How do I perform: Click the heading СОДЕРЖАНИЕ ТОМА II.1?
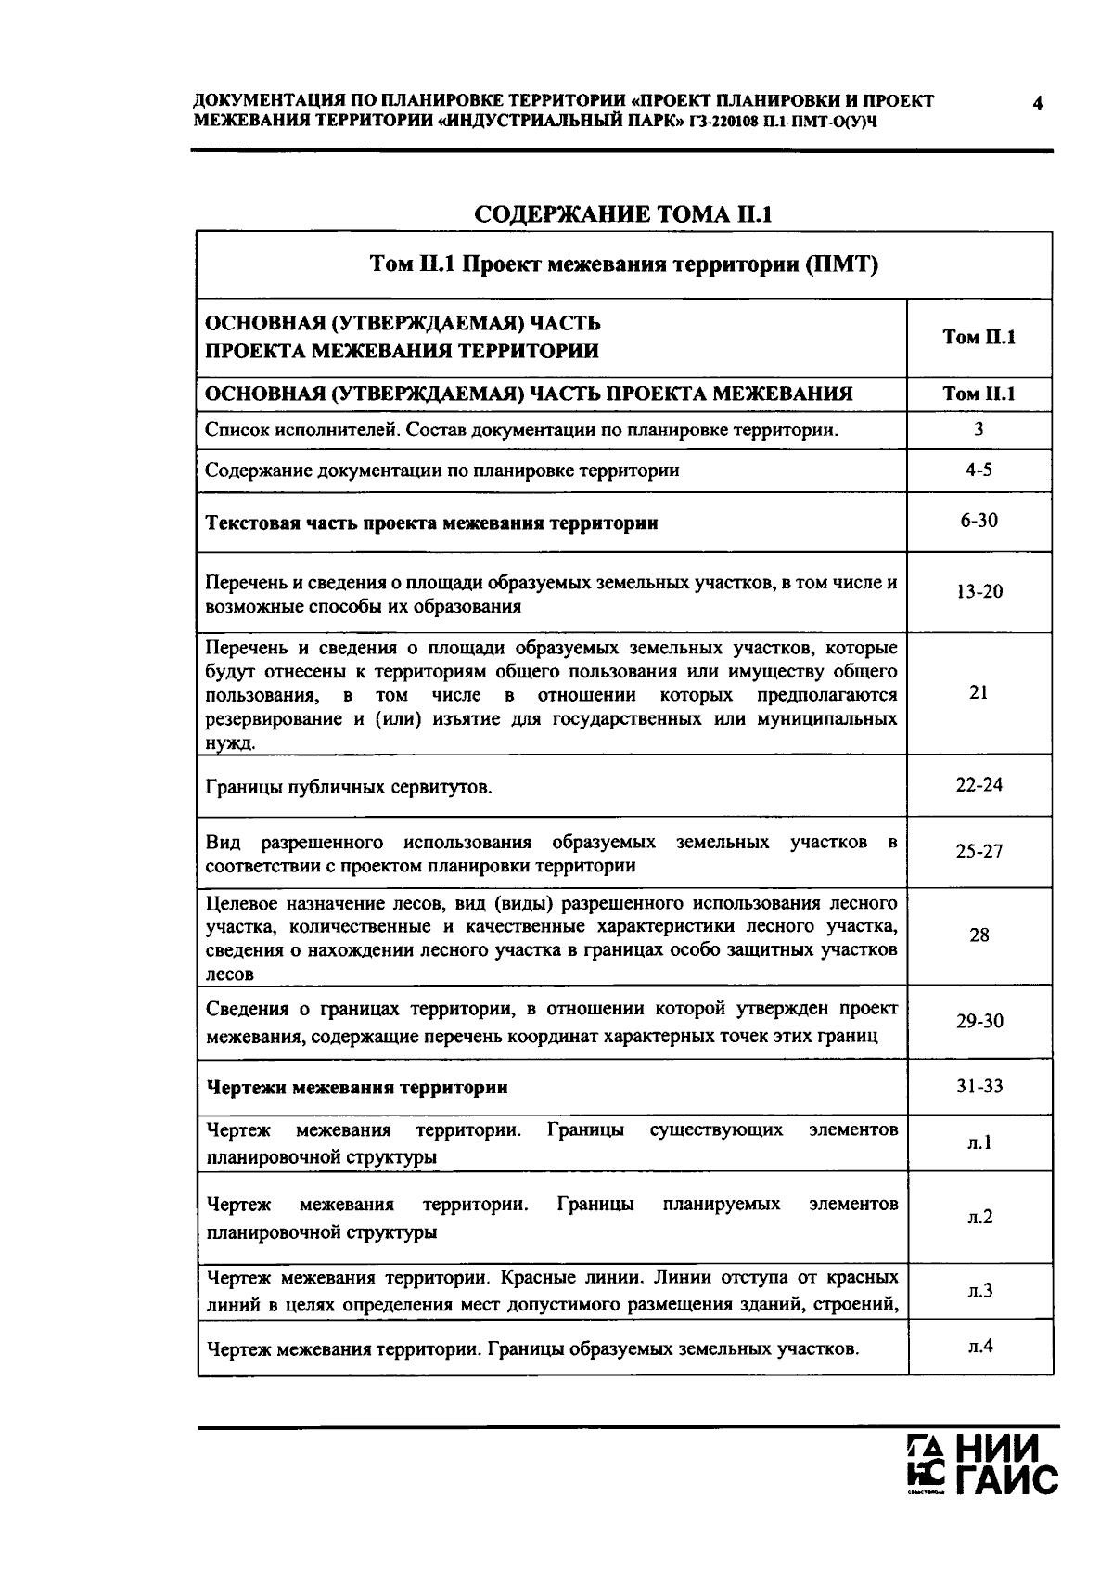pyautogui.click(x=623, y=214)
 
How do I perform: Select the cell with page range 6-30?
pyautogui.click(x=979, y=521)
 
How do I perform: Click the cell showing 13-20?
pyautogui.click(x=979, y=591)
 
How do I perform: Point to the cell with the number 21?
pyautogui.click(x=979, y=692)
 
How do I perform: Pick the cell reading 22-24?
pyautogui.click(x=979, y=784)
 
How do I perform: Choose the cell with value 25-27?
pyautogui.click(x=979, y=851)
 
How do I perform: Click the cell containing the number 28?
pyautogui.click(x=979, y=935)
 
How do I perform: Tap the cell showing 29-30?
pyautogui.click(x=979, y=1021)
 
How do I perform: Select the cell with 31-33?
pyautogui.click(x=979, y=1086)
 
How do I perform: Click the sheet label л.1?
pyautogui.click(x=979, y=1142)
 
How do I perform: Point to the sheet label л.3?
pyautogui.click(x=979, y=1290)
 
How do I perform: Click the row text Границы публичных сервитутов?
pyautogui.click(x=349, y=788)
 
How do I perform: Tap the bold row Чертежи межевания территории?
pyautogui.click(x=357, y=1087)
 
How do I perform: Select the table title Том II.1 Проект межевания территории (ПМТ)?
pyautogui.click(x=623, y=265)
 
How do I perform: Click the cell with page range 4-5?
pyautogui.click(x=979, y=470)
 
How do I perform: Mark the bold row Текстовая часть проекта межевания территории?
pyautogui.click(x=431, y=523)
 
